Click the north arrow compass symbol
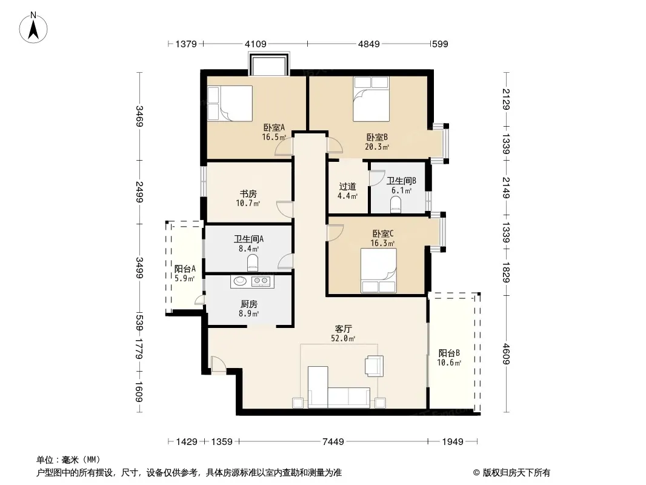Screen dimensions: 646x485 pos(33,27)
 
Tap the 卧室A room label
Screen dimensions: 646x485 pos(274,128)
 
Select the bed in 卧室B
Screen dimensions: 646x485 pos(371,99)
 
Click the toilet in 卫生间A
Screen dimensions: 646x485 pos(253,263)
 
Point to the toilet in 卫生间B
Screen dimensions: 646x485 pos(396,204)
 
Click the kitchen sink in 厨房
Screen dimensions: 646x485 pos(240,281)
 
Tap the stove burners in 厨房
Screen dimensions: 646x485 pos(261,281)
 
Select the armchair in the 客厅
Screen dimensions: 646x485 pos(374,366)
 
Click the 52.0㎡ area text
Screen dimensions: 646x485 pos(343,339)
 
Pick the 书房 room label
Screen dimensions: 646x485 pos(248,193)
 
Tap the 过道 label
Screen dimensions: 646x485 pos(347,187)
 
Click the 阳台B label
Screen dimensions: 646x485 pos(449,353)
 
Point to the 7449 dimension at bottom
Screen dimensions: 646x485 pos(333,442)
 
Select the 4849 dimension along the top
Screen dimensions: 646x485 pos(368,44)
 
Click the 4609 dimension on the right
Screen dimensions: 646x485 pos(506,355)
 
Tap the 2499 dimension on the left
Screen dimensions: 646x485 pos(139,192)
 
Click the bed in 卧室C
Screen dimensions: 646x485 pos(379,270)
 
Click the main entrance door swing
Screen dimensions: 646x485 pos(218,364)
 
